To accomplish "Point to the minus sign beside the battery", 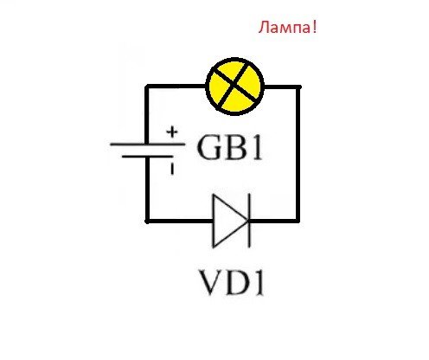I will tap(171, 169).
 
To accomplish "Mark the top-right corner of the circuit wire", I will tap(298, 87).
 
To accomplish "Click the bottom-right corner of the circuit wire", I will tap(298, 221).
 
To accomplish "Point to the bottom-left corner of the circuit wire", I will tap(147, 221).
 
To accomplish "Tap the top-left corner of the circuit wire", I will tap(147, 87).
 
